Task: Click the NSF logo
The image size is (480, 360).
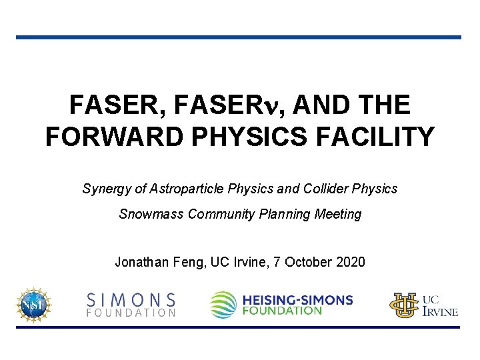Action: click(34, 304)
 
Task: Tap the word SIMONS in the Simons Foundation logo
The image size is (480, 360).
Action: click(132, 299)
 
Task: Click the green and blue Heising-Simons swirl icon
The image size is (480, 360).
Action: click(223, 305)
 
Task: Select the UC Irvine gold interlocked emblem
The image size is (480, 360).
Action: click(404, 305)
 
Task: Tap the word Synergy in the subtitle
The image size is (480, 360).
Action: click(106, 189)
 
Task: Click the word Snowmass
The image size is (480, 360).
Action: click(152, 214)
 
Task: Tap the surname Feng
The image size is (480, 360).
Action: click(189, 262)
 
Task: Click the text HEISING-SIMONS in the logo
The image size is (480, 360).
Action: click(297, 300)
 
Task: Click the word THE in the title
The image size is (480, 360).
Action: click(383, 105)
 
